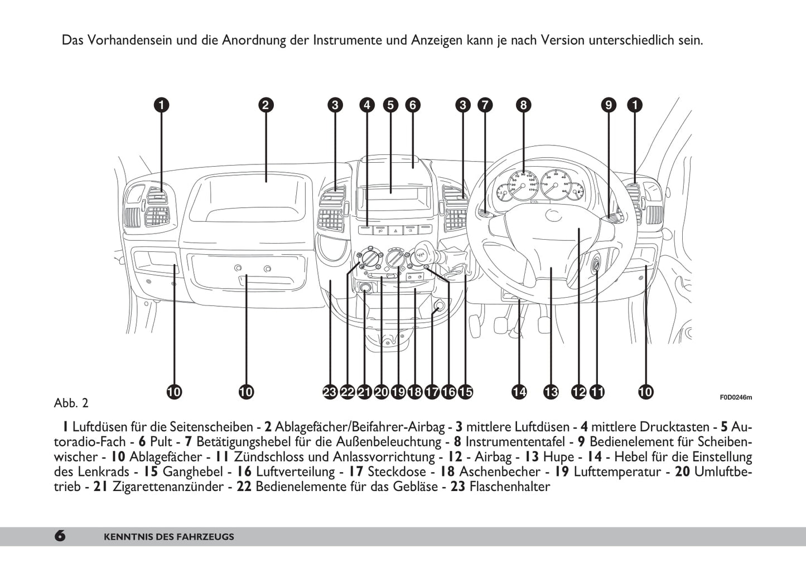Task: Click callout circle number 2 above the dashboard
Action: point(266,105)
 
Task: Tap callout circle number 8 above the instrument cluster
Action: point(523,105)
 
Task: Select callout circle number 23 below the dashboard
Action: point(330,392)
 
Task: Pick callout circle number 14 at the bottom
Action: point(519,392)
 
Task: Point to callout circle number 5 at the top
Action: point(390,105)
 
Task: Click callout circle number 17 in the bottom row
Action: point(432,392)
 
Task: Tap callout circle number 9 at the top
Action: point(609,105)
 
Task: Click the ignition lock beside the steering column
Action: point(596,262)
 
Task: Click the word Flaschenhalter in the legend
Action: point(509,487)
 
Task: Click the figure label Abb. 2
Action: point(71,403)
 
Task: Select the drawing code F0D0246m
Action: point(735,397)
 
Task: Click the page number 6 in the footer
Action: point(60,536)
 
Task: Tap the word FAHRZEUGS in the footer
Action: point(206,537)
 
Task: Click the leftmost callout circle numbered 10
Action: point(174,392)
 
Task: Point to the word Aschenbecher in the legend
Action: point(500,472)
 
